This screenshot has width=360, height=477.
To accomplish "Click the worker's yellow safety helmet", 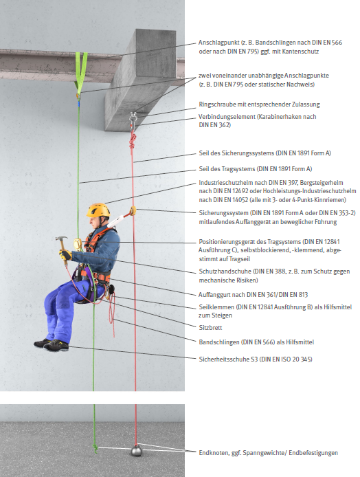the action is pyautogui.click(x=98, y=210).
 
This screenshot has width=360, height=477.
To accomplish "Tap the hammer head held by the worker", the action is pyautogui.click(x=61, y=238).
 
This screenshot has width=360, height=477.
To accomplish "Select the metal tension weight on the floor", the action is pyautogui.click(x=137, y=450).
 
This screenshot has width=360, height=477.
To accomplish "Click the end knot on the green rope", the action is pyautogui.click(x=95, y=448).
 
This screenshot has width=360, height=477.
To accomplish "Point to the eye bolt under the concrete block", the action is pyautogui.click(x=133, y=116).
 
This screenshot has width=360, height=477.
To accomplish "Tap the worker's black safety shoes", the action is pyautogui.click(x=51, y=344).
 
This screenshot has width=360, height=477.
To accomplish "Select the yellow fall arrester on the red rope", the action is pyautogui.click(x=133, y=210).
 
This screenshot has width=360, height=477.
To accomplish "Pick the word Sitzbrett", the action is pyautogui.click(x=210, y=328).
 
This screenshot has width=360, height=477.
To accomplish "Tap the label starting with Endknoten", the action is pyautogui.click(x=268, y=453).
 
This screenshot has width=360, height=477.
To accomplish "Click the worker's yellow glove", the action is pyautogui.click(x=65, y=254).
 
